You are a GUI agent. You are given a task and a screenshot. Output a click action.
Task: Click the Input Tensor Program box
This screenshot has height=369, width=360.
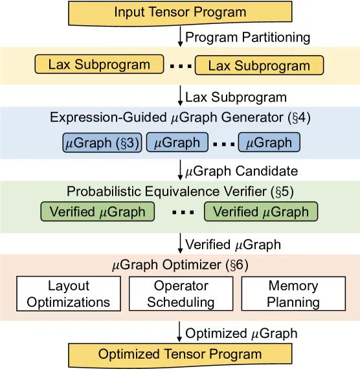[x=180, y=13]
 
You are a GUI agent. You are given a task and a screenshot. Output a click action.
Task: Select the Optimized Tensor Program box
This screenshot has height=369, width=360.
[x=180, y=355]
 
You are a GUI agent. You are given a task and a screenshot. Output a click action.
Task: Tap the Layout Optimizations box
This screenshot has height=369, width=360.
[x=69, y=294]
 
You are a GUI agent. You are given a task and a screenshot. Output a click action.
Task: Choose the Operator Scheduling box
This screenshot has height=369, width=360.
[x=181, y=294]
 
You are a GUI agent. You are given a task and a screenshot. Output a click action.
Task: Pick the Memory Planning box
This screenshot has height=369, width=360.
[x=293, y=294]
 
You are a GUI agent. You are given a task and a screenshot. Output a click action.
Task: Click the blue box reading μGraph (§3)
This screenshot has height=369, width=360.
[x=102, y=142]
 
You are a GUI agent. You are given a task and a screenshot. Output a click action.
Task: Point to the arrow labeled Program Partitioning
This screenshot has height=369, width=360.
[x=180, y=37]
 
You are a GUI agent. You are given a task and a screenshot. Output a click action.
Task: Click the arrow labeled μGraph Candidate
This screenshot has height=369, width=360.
[x=180, y=170]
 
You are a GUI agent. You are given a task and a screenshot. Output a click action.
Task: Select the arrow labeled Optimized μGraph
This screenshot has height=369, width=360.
[x=179, y=331]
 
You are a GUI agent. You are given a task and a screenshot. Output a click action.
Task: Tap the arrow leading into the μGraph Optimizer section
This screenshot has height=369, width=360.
[x=180, y=243]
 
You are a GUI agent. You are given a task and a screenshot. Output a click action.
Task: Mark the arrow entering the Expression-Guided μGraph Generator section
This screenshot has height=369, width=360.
[x=180, y=96]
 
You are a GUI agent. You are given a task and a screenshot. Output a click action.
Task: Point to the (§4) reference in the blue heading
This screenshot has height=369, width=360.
[x=299, y=117]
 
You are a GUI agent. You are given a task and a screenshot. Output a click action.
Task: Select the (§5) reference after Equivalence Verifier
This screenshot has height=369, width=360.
[x=282, y=192]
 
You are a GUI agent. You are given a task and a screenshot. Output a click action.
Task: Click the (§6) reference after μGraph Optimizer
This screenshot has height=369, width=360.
[x=237, y=265]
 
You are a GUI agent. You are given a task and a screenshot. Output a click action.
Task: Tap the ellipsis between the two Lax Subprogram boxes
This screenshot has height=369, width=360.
[x=181, y=67]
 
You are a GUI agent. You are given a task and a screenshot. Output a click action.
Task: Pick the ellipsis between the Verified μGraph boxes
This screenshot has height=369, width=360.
[x=183, y=212]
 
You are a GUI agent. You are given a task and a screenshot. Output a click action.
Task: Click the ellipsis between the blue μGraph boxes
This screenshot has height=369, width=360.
[x=223, y=144]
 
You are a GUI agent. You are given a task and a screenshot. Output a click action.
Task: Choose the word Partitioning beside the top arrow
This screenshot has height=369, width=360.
[x=276, y=38]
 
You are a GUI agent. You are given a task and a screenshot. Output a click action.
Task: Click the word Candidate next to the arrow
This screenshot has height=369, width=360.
[x=267, y=171]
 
